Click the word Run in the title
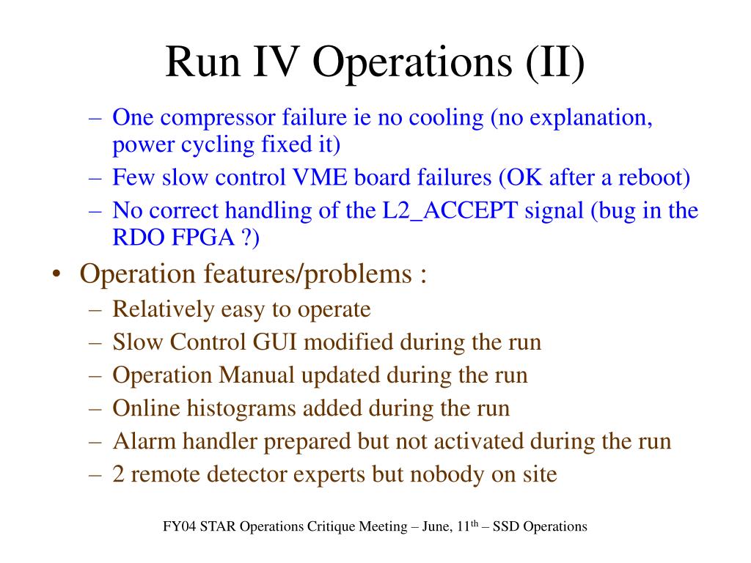pos(202,62)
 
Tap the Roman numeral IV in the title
pos(276,62)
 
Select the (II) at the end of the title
pos(555,64)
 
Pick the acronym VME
pos(320,177)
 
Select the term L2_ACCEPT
pos(450,211)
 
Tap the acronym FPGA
pos(202,238)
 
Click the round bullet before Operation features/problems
pos(57,275)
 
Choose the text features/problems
pos(308,275)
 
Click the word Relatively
pos(164,310)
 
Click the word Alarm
pos(144,441)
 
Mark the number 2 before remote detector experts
pos(118,474)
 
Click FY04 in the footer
pos(180,527)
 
